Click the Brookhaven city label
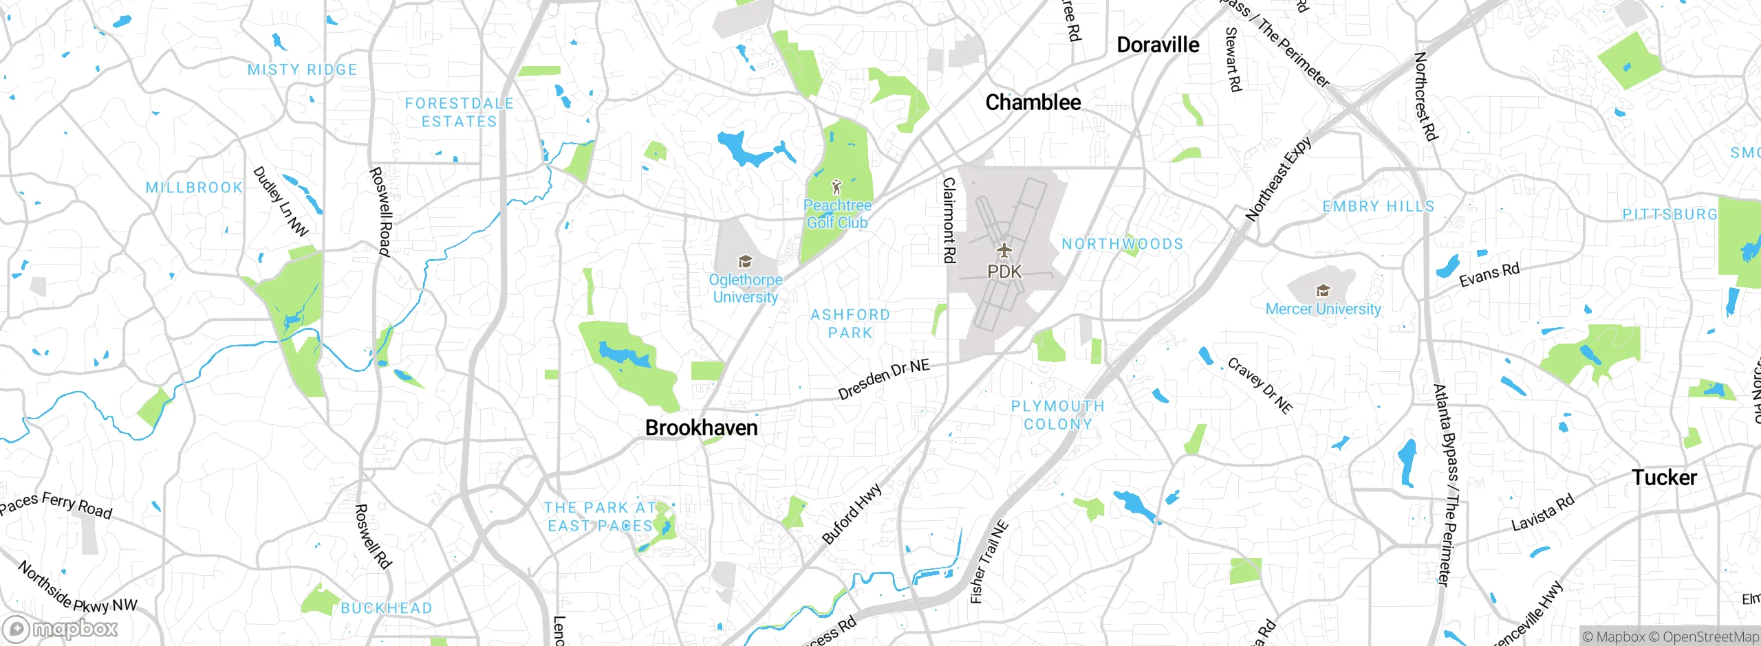(x=701, y=427)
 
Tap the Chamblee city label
(x=1033, y=102)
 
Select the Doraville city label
(x=1158, y=45)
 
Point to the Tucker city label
(x=1664, y=477)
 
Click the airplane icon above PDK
(x=1004, y=249)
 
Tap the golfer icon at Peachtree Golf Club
(x=836, y=186)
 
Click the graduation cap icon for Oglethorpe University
(x=744, y=261)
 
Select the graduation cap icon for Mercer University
(x=1323, y=291)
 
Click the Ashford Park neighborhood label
(x=850, y=324)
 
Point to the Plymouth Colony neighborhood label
(x=1058, y=415)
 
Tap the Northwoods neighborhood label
(x=1123, y=244)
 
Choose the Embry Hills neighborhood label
(x=1379, y=206)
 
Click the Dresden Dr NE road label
(x=884, y=379)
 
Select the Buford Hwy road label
(x=852, y=514)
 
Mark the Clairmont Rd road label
(x=949, y=220)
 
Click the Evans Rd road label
(x=1489, y=274)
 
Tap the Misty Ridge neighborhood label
(x=303, y=69)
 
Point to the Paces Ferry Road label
(x=55, y=504)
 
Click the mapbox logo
(x=61, y=628)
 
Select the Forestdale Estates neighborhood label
(x=459, y=112)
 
